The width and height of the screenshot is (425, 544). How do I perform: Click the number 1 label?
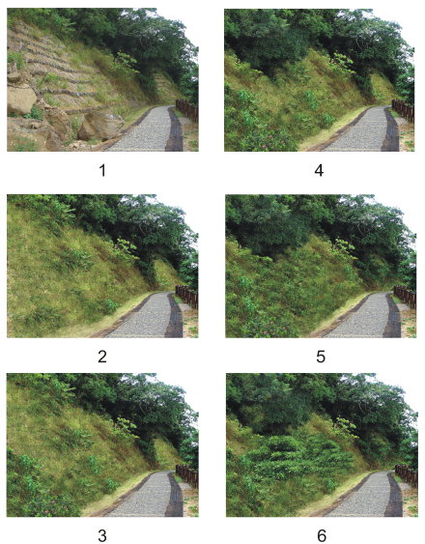pyautogui.click(x=102, y=171)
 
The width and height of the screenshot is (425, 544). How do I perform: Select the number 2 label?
pyautogui.click(x=102, y=357)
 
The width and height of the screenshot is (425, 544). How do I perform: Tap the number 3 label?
pyautogui.click(x=102, y=535)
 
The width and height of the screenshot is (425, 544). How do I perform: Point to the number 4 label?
pyautogui.click(x=319, y=171)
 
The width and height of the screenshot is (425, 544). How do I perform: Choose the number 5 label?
pyautogui.click(x=321, y=357)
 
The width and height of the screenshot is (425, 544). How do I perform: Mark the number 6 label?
pyautogui.click(x=322, y=535)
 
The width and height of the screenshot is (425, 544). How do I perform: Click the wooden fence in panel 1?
pyautogui.click(x=187, y=110)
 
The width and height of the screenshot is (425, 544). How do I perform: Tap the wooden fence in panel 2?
pyautogui.click(x=187, y=297)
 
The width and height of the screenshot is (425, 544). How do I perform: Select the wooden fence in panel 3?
pyautogui.click(x=187, y=476)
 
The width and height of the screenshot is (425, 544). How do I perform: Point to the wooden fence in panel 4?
pyautogui.click(x=404, y=110)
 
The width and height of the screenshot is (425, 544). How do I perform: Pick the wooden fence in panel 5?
pyautogui.click(x=405, y=297)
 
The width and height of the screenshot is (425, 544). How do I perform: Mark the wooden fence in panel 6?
pyautogui.click(x=407, y=476)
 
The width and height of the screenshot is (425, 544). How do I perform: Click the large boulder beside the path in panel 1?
pyautogui.click(x=99, y=126)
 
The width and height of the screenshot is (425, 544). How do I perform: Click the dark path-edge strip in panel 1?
pyautogui.click(x=175, y=130)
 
